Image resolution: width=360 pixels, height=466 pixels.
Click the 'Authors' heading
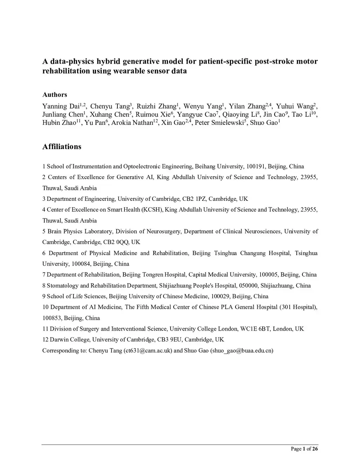pyautogui.click(x=54, y=95)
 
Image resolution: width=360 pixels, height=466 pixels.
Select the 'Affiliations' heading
pyautogui.click(x=62, y=147)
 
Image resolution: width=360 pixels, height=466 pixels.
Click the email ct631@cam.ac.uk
pyautogui.click(x=148, y=351)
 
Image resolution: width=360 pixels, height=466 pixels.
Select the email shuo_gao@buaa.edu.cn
pyautogui.click(x=242, y=351)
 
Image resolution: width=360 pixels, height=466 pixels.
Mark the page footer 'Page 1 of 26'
pyautogui.click(x=304, y=449)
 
